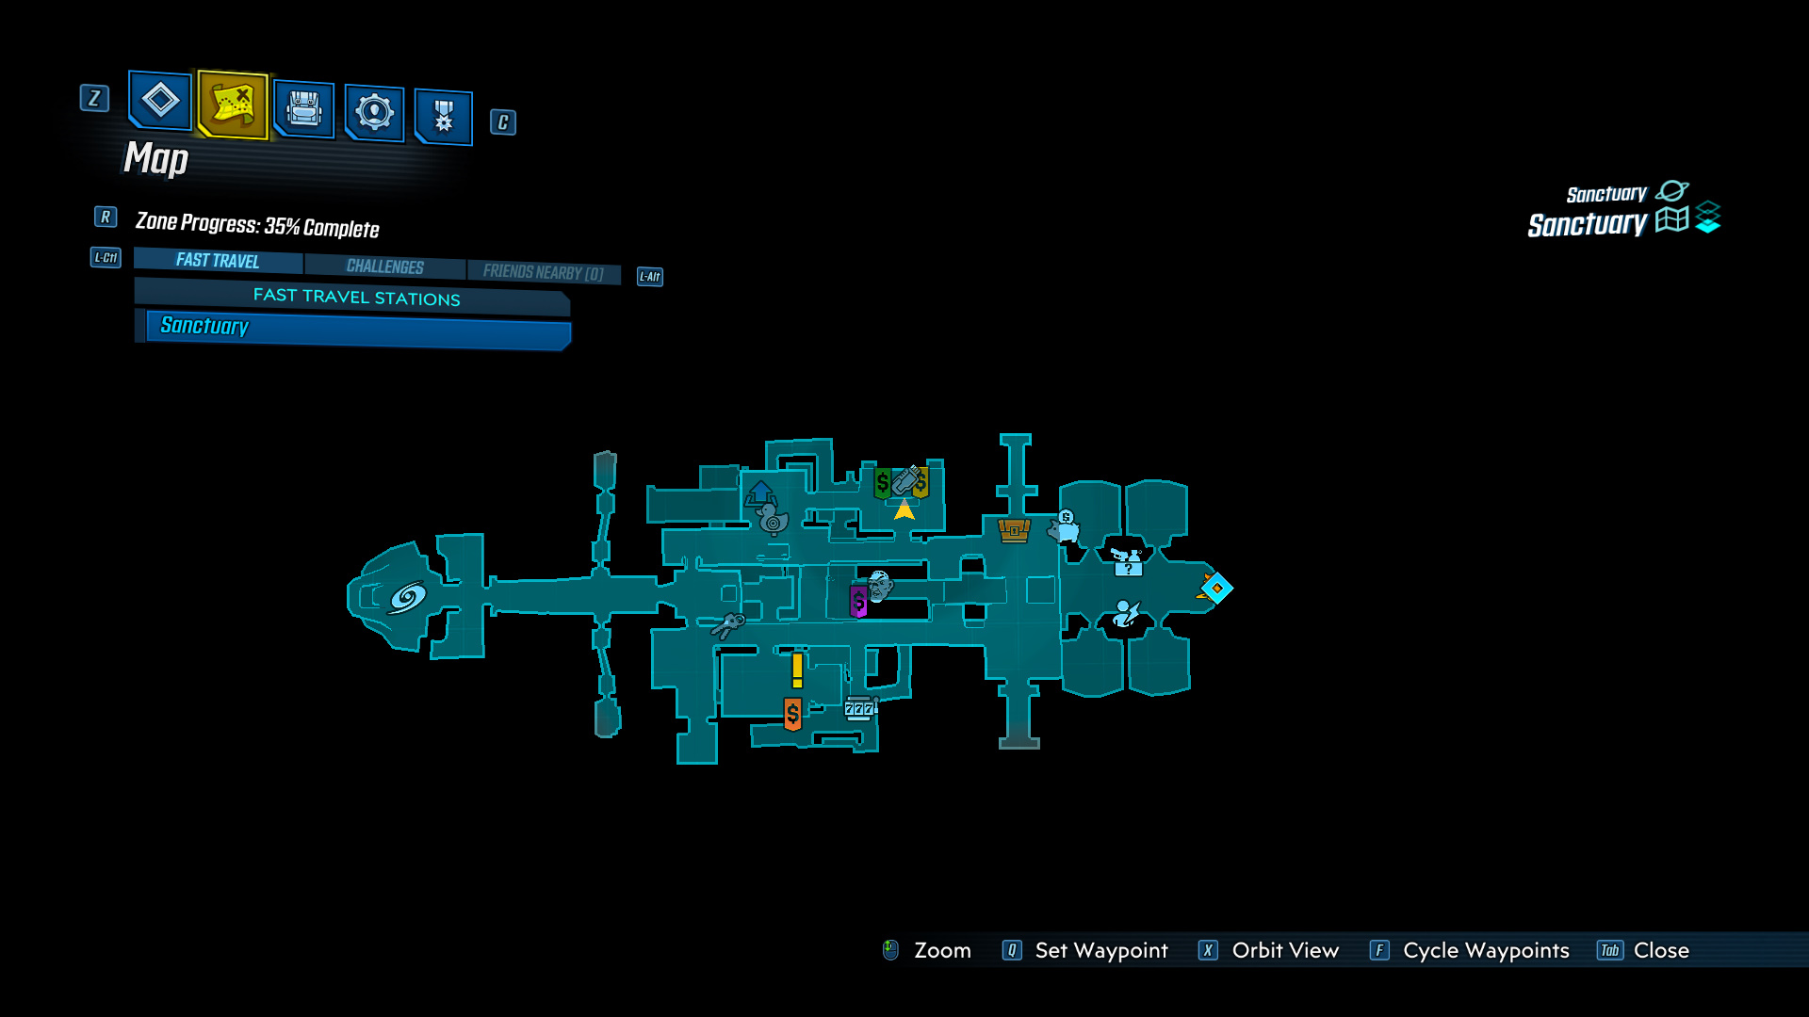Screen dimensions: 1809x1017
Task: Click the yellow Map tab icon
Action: click(233, 104)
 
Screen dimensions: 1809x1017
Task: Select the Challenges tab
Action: click(384, 266)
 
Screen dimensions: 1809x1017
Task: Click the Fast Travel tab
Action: click(218, 261)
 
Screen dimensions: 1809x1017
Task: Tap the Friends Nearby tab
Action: click(543, 272)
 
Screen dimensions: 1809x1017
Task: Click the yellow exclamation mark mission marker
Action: click(797, 670)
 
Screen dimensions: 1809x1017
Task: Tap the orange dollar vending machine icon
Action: click(792, 714)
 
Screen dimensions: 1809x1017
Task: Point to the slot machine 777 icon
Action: click(859, 708)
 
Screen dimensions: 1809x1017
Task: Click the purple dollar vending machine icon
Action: click(858, 601)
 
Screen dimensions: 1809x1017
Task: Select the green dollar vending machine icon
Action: click(882, 484)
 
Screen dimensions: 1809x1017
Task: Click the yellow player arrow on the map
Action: click(904, 510)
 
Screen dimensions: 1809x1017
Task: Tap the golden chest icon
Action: click(1014, 530)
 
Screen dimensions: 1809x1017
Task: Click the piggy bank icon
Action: click(1066, 526)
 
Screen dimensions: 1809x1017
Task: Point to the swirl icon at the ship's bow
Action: click(407, 597)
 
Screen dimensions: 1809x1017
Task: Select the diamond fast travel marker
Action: click(1216, 588)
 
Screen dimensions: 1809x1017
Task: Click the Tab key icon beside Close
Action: click(1609, 950)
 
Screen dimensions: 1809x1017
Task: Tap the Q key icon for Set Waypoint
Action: click(1012, 950)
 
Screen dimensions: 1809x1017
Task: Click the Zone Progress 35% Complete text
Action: click(257, 225)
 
